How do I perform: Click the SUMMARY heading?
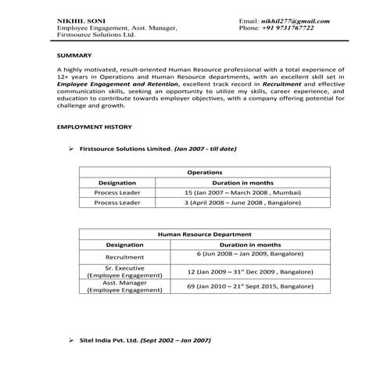coord(74,56)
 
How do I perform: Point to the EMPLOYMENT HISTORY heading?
coord(95,127)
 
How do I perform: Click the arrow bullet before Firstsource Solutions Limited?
coord(71,148)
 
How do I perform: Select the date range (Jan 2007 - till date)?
coord(205,148)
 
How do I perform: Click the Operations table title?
coord(205,172)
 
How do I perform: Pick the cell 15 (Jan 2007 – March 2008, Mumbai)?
coord(242,192)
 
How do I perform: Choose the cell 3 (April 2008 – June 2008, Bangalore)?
coord(242,202)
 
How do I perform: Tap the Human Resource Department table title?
coord(205,234)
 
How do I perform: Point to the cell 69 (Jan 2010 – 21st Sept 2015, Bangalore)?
coord(245,286)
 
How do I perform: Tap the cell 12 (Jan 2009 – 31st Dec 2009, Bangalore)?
coord(245,271)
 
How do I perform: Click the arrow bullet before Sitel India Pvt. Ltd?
coord(71,341)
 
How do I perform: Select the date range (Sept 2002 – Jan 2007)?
coord(176,341)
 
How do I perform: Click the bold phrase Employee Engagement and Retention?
coord(107,84)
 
